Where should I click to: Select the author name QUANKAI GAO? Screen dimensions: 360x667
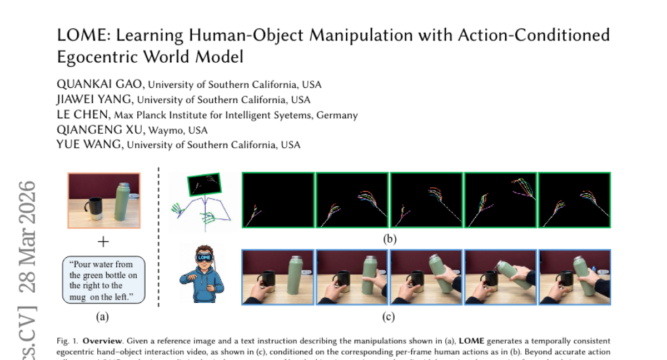tap(101, 84)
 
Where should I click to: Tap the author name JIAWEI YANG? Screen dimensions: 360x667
tap(95, 100)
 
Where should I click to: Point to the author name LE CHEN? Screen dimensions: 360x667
tap(83, 115)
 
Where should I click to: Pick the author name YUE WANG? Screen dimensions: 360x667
tap(91, 145)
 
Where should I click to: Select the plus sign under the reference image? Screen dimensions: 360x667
tap(103, 242)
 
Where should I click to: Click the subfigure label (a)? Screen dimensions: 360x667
tap(102, 317)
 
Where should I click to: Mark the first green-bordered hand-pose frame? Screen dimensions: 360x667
tap(278, 200)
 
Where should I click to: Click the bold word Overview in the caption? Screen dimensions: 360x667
tap(99, 341)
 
